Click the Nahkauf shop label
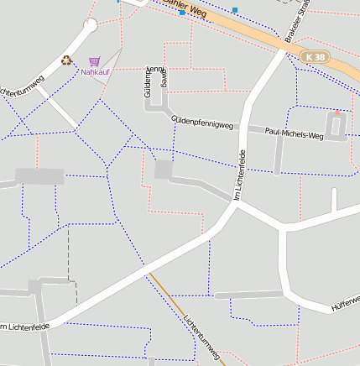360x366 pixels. coord(95,72)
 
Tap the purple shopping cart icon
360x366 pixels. coord(94,61)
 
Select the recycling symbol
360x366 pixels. coord(66,60)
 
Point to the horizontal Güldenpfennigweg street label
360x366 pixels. coord(201,123)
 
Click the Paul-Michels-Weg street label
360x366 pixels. coord(294,133)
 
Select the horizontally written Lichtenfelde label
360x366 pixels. coord(25,326)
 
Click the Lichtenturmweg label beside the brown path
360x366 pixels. coord(201,337)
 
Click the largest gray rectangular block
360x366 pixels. coord(39,176)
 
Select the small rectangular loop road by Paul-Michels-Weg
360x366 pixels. coord(337,126)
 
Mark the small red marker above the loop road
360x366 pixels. coord(337,112)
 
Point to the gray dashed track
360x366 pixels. coord(68,252)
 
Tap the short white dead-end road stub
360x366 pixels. coord(334,200)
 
